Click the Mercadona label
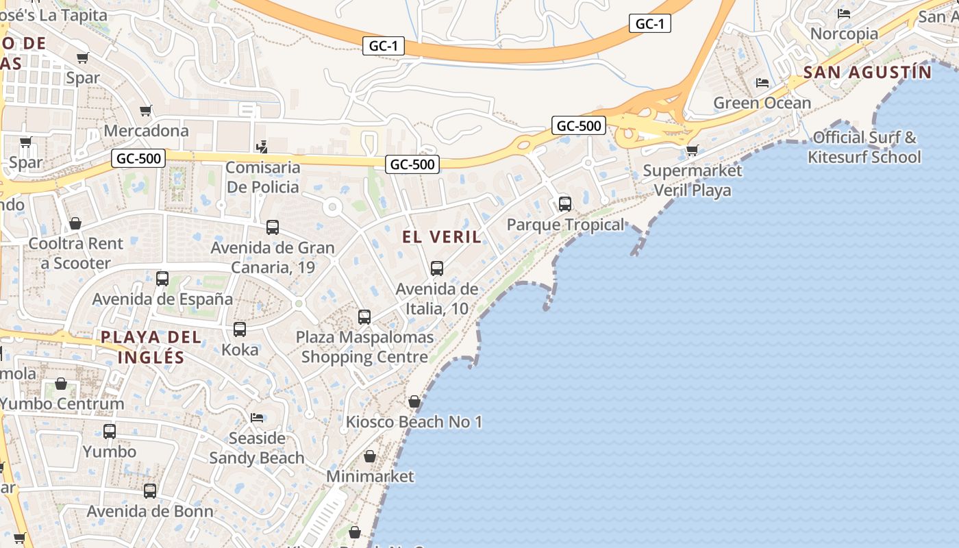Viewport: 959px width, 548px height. point(146,130)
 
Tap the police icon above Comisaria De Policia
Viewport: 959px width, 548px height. point(261,146)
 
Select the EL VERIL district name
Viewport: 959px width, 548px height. point(442,237)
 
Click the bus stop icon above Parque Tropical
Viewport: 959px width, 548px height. point(565,203)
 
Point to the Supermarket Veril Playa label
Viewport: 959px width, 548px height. point(693,180)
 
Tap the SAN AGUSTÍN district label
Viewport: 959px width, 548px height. point(867,72)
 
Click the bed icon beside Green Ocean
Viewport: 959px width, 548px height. point(762,83)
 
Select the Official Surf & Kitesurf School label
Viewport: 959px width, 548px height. point(864,147)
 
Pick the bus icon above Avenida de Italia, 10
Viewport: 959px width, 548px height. point(437,268)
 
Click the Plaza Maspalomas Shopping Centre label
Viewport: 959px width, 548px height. point(365,347)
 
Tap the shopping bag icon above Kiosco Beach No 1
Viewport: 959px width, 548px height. point(414,401)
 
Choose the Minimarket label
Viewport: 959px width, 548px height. point(370,476)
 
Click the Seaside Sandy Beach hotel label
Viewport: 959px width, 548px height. point(257,448)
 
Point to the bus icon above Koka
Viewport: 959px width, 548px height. point(240,329)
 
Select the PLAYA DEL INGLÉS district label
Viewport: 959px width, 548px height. point(151,347)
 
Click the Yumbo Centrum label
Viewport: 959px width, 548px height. point(62,403)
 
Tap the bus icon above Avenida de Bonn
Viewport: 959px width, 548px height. point(150,490)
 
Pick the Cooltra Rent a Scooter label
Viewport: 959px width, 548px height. point(75,253)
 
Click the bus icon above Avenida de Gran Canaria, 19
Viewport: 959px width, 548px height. point(273,227)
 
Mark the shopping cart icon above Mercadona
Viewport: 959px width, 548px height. point(146,110)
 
